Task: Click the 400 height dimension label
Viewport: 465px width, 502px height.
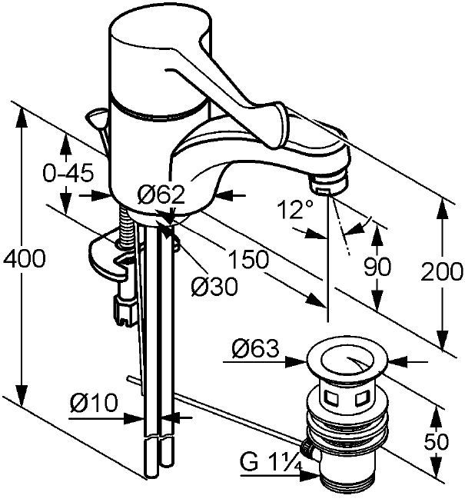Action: coord(25,258)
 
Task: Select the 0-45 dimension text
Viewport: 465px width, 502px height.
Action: coord(68,173)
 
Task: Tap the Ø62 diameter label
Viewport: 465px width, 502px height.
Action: coord(161,194)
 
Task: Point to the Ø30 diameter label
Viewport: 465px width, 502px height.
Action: coord(214,286)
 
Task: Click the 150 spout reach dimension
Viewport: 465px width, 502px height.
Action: coord(248,259)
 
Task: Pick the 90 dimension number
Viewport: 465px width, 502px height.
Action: coord(377,266)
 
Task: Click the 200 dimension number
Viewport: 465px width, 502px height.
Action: coord(442,271)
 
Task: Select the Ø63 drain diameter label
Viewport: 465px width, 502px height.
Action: coord(255,348)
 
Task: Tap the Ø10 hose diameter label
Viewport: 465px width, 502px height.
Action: coord(94,402)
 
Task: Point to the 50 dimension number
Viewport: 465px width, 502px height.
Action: coord(437,442)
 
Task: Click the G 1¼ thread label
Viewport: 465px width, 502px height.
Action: coord(271,462)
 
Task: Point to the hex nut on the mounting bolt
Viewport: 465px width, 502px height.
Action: coord(125,308)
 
